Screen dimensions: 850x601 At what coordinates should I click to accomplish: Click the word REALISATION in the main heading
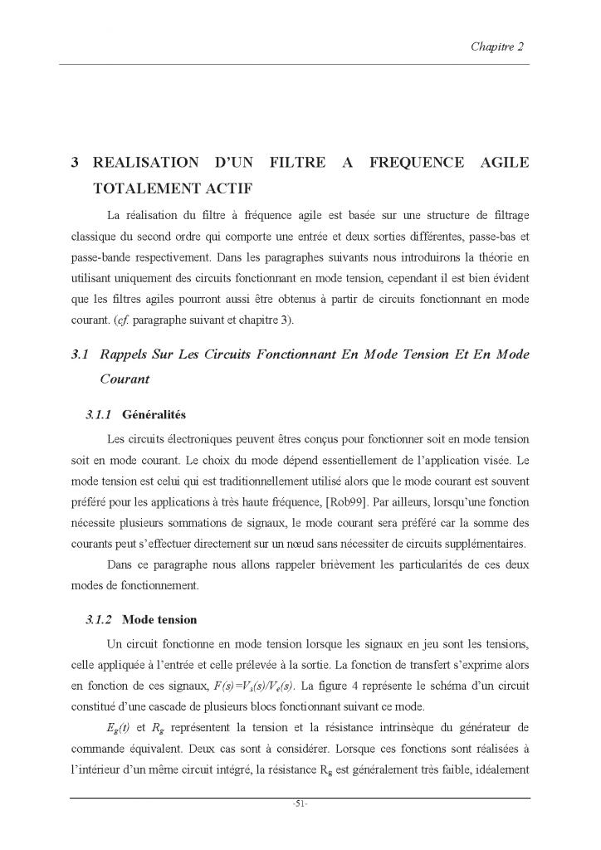pyautogui.click(x=146, y=162)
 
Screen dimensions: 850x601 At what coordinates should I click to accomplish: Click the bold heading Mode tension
pyautogui.click(x=159, y=619)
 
